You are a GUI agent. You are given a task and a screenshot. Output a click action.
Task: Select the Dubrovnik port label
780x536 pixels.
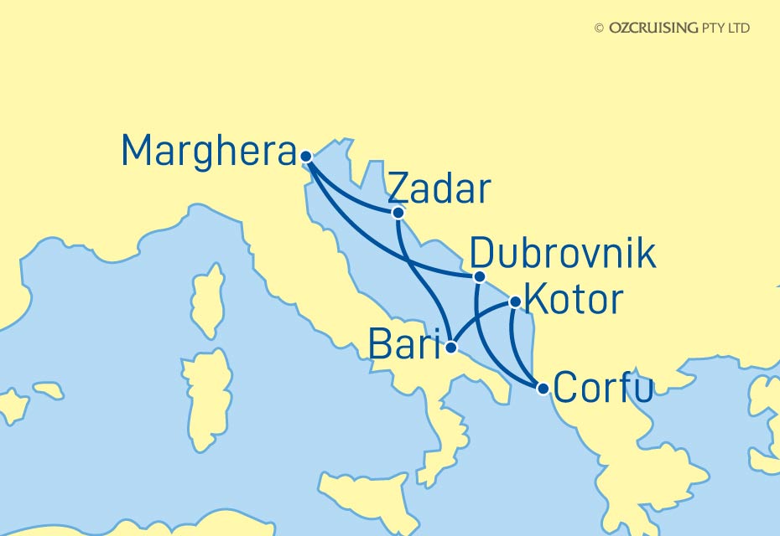pyautogui.click(x=563, y=254)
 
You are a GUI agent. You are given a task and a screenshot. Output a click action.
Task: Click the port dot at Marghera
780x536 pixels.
pyautogui.click(x=306, y=156)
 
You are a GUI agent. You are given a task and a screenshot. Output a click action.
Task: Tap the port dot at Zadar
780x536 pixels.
pyautogui.click(x=398, y=213)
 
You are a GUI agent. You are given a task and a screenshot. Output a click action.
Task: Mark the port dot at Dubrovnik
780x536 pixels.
pyautogui.click(x=479, y=277)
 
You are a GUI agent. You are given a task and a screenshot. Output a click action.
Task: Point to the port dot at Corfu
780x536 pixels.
pyautogui.click(x=543, y=389)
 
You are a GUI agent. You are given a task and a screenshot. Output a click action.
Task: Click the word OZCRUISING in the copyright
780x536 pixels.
pyautogui.click(x=653, y=28)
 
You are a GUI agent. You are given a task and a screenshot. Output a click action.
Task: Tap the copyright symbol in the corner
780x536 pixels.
pyautogui.click(x=599, y=28)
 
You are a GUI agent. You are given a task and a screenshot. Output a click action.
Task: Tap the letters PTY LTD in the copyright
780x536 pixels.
pyautogui.click(x=725, y=28)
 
